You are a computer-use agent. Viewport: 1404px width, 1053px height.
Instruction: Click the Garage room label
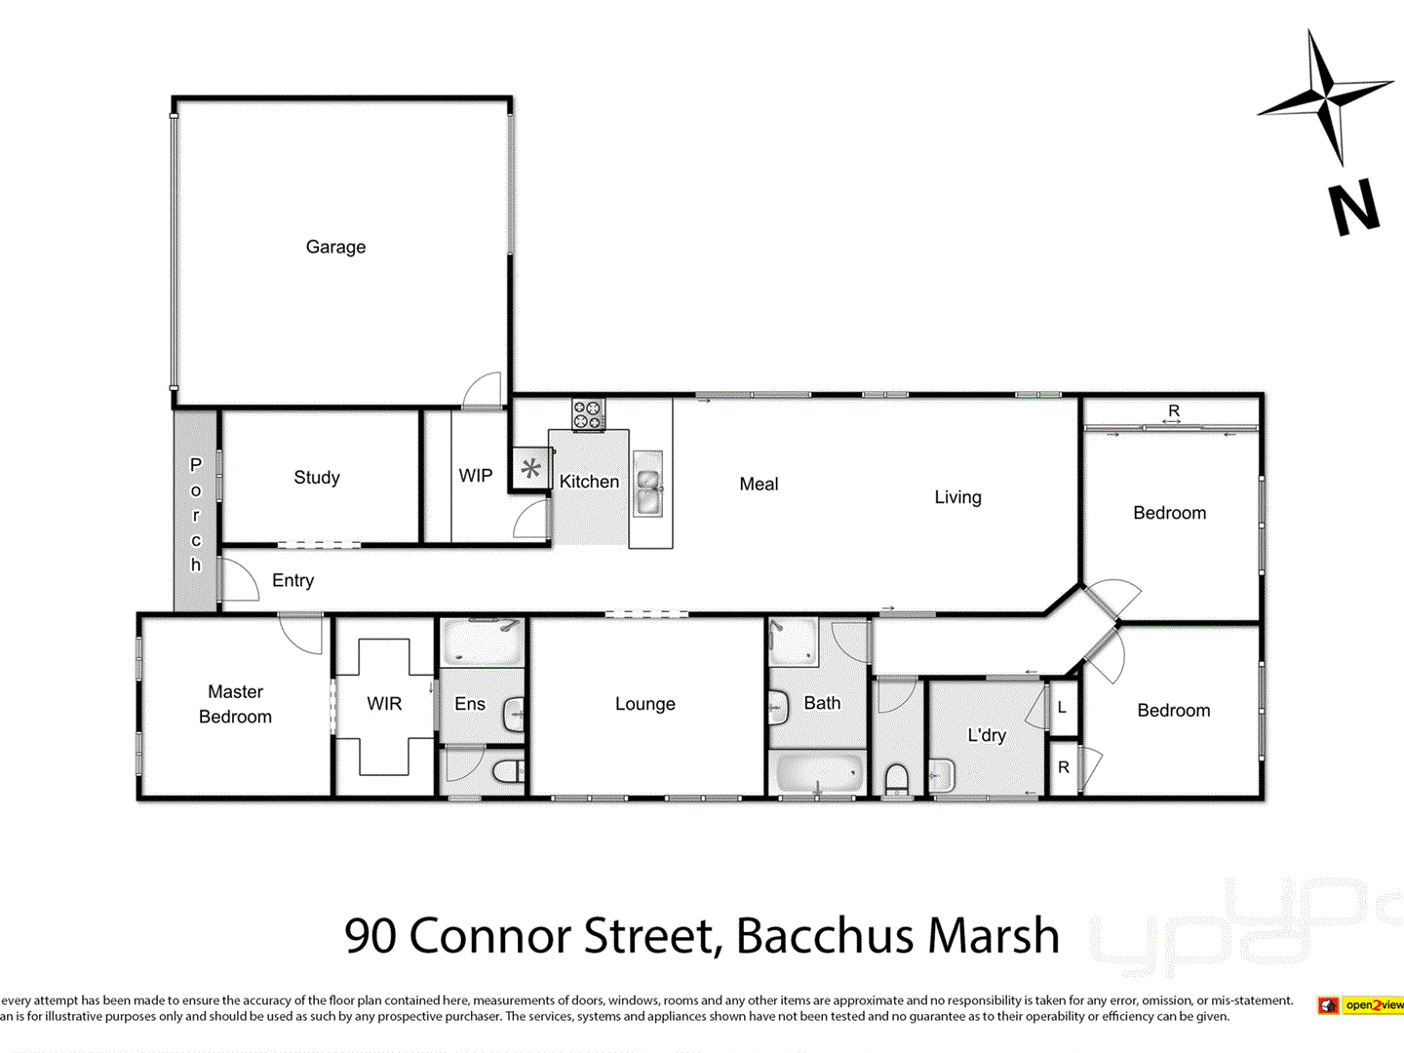coord(335,247)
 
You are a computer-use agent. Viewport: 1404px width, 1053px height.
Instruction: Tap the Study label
coord(317,477)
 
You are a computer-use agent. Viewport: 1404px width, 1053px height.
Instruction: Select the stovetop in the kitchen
coord(588,414)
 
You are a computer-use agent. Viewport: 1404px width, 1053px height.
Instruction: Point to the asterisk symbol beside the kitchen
coord(530,469)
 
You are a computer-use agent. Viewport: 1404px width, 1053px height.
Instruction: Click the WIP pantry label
coord(476,476)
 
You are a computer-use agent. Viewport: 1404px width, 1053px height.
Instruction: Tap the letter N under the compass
coord(1354,207)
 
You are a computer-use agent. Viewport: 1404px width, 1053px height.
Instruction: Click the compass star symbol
coord(1324,97)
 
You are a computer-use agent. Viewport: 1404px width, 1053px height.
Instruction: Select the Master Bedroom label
coord(235,704)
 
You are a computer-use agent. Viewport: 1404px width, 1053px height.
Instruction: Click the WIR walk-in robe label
coord(384,704)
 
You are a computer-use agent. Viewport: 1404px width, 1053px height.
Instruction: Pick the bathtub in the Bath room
coord(818,774)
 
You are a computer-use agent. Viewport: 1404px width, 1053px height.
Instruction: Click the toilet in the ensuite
coord(508,772)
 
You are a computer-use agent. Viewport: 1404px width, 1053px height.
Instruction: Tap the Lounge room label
coord(644,704)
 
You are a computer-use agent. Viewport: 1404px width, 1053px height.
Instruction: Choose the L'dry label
coord(987,735)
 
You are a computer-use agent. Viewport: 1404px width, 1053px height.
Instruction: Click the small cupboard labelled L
coord(1062,708)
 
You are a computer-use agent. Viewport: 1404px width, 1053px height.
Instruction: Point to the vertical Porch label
coord(196,514)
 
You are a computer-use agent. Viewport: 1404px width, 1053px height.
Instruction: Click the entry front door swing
coord(240,581)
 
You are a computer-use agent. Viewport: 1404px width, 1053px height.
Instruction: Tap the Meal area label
coord(759,485)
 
